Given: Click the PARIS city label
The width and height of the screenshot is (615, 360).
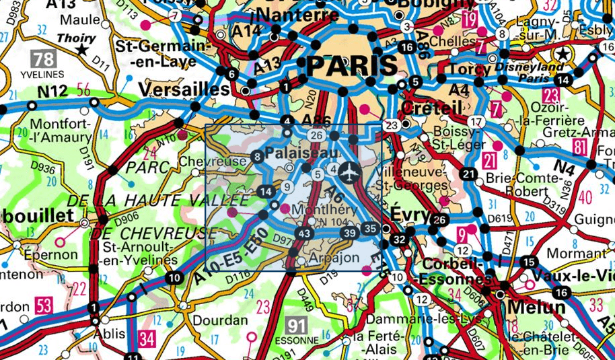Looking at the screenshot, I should coord(351,66).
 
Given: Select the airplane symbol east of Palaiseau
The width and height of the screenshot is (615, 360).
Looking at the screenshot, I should coord(349,172).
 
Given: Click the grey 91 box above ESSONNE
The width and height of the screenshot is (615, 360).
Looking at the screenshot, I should coord(295,326).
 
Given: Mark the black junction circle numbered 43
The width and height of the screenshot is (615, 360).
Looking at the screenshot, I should coord(304,233).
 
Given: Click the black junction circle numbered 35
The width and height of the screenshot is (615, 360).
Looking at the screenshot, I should coord(369,227).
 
